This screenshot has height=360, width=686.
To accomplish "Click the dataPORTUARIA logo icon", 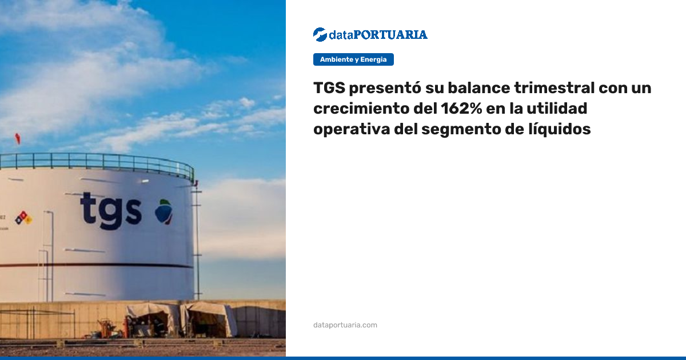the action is coord(320,35).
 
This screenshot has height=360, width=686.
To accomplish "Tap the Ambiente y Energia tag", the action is coord(353,59).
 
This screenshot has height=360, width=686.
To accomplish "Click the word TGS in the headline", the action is coord(329,88).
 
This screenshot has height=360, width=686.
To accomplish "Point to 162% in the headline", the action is coord(461,109).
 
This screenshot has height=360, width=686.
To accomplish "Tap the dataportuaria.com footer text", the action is coord(345,325).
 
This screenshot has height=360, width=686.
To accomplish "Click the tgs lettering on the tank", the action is coord(111,210).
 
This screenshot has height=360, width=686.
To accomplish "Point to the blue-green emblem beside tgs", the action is coord(164,212).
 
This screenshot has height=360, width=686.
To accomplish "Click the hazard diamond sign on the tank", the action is coord(24,218).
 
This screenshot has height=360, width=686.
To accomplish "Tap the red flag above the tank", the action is coord(18,138).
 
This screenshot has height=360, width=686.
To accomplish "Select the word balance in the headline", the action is coord(479,88).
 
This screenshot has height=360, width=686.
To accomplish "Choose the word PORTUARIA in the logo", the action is coord(390,35).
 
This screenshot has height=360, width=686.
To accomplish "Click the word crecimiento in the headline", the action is coord(361,109).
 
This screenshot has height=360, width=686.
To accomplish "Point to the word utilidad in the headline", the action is coord(557,109).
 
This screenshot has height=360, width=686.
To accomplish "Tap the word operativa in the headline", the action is coord(352,129).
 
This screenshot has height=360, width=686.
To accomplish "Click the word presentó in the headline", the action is coord(385,88).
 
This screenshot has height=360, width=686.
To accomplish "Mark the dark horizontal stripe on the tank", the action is coord(97,265).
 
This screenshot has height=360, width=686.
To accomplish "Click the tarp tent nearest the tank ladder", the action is coord(208,319).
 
